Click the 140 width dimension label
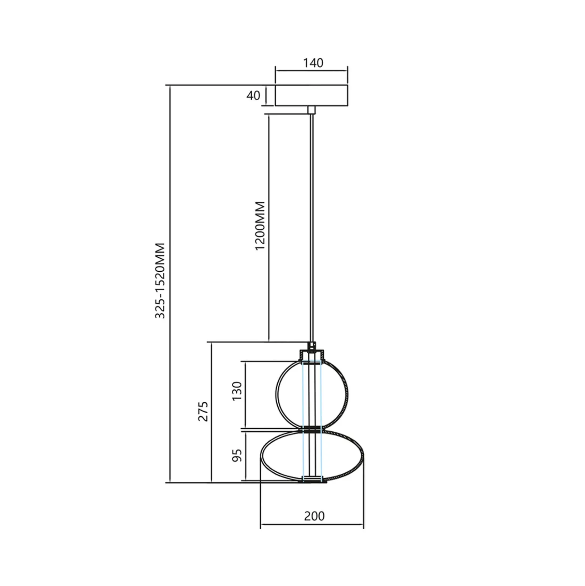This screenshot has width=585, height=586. [x=313, y=63]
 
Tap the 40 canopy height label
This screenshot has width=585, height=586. [x=253, y=95]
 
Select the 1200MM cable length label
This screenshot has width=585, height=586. [x=260, y=226]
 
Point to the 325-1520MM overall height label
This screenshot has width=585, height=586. [x=160, y=280]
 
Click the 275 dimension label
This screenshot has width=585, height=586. [x=203, y=411]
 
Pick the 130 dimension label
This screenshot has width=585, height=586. [x=237, y=391]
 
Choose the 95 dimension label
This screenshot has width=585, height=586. [x=237, y=455]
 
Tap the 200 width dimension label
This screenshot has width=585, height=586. [x=314, y=516]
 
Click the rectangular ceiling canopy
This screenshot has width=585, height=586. [x=312, y=96]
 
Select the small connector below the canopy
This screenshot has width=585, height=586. [x=312, y=110]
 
